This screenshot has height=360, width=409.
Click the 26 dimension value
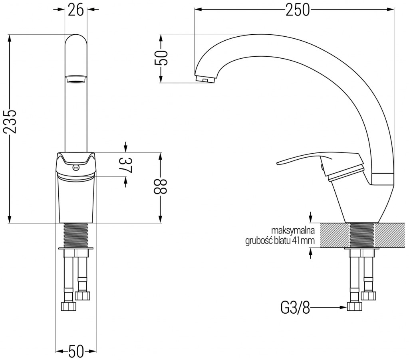coord(75,10)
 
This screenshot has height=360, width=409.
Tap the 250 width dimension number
coord(298,10)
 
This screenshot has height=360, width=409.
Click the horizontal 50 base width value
coord(76,351)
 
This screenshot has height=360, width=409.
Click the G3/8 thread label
coord(295,308)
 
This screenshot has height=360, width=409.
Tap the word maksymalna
coord(293,231)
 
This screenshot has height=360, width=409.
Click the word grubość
coord(258,241)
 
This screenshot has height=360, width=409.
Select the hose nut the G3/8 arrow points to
coord(355,307)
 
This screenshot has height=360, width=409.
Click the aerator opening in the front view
coord(75,79)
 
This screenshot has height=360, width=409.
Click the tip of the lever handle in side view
coord(278,164)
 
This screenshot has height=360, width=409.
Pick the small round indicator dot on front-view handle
coord(76,168)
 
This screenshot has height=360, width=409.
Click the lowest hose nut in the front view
coord(69,307)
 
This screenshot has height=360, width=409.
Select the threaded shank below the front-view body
coord(75,235)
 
